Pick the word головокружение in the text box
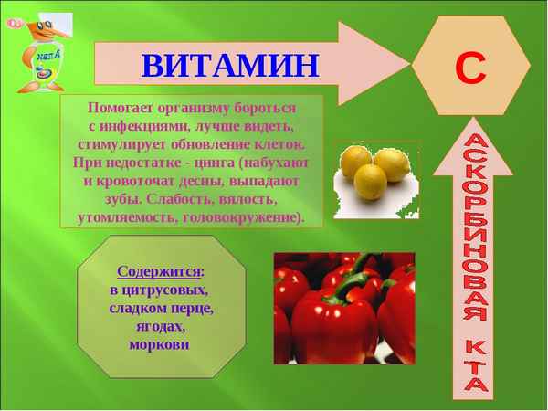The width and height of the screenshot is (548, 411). click(241, 217)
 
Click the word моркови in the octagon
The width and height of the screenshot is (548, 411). click(159, 344)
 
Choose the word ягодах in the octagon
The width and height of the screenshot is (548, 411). click(159, 326)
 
